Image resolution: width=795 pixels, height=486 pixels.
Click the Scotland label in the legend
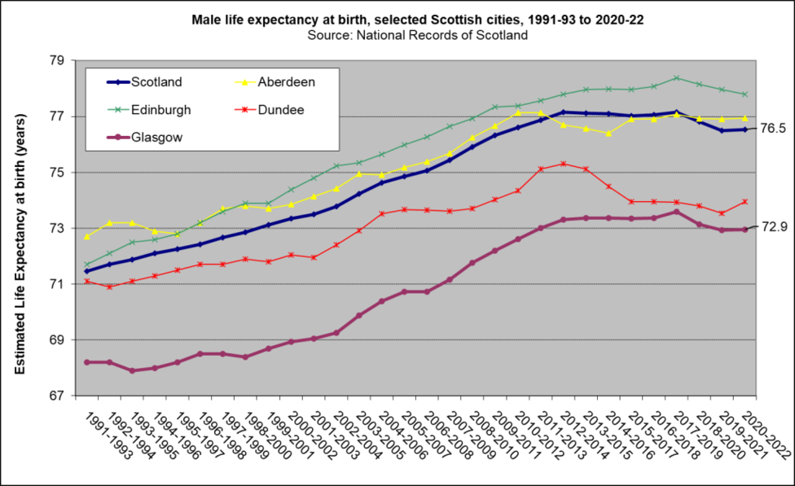tap(156, 82)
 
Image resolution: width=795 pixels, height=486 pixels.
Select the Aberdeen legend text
tap(286, 82)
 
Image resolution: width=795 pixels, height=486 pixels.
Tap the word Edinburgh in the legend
tap(160, 110)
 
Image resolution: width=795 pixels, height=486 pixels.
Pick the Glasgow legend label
tap(156, 138)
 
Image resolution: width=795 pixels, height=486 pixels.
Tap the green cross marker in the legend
tap(118, 110)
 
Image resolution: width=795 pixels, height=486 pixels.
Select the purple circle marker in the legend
tap(118, 138)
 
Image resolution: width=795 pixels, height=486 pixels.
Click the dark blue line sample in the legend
tap(118, 82)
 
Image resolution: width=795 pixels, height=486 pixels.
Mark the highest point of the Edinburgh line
tap(676, 78)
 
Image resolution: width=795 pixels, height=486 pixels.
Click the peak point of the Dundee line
tap(564, 164)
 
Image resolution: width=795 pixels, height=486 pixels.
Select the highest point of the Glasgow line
tap(676, 212)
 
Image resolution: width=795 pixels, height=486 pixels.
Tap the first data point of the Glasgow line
tap(87, 362)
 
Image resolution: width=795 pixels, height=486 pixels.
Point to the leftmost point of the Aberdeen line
tap(87, 237)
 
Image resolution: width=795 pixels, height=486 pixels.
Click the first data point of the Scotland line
tap(87, 271)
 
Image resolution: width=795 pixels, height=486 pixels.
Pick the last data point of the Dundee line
tap(744, 202)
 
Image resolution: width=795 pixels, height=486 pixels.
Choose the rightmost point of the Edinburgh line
tap(744, 94)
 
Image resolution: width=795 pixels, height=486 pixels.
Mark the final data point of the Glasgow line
tap(744, 230)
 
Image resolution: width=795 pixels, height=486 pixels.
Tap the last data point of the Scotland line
tap(744, 129)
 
